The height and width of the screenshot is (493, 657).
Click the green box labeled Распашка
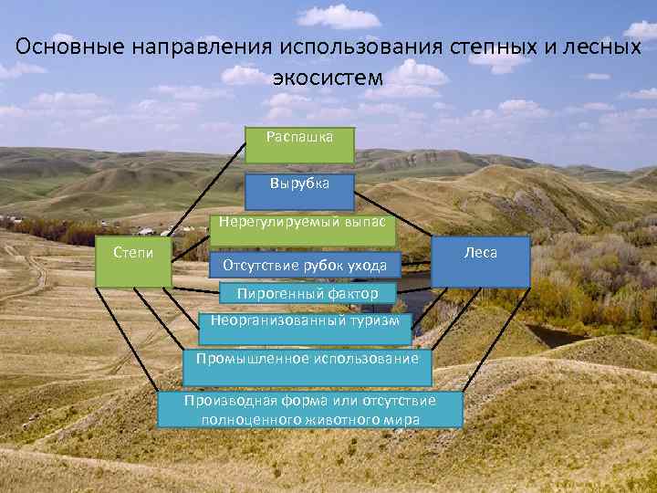(x=299, y=140)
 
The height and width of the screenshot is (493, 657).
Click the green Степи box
(x=133, y=263)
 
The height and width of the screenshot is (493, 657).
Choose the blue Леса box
(x=481, y=263)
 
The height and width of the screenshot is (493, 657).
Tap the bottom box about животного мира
(x=309, y=410)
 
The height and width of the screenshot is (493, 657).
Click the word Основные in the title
(x=68, y=47)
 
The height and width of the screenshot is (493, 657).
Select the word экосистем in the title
(x=328, y=78)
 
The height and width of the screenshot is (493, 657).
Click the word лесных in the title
(x=592, y=47)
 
